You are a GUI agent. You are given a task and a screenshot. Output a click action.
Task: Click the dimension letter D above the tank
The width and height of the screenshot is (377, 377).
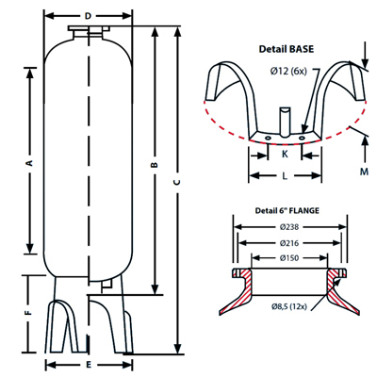pyautogui.click(x=88, y=17)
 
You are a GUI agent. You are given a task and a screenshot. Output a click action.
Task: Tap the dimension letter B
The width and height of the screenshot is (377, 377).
pyautogui.click(x=154, y=168)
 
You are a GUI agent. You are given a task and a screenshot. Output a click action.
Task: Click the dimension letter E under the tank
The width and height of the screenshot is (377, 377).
pyautogui.click(x=88, y=363)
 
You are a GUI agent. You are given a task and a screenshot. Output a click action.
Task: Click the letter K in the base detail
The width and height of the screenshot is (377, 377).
pyautogui.click(x=285, y=152)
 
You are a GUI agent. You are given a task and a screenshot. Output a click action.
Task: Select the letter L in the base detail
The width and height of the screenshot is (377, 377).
pyautogui.click(x=285, y=175)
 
